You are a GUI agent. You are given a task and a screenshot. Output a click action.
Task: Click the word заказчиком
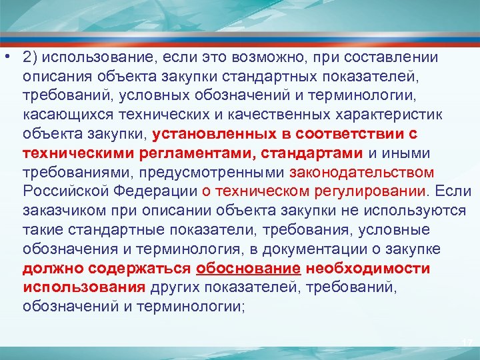(61, 211)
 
